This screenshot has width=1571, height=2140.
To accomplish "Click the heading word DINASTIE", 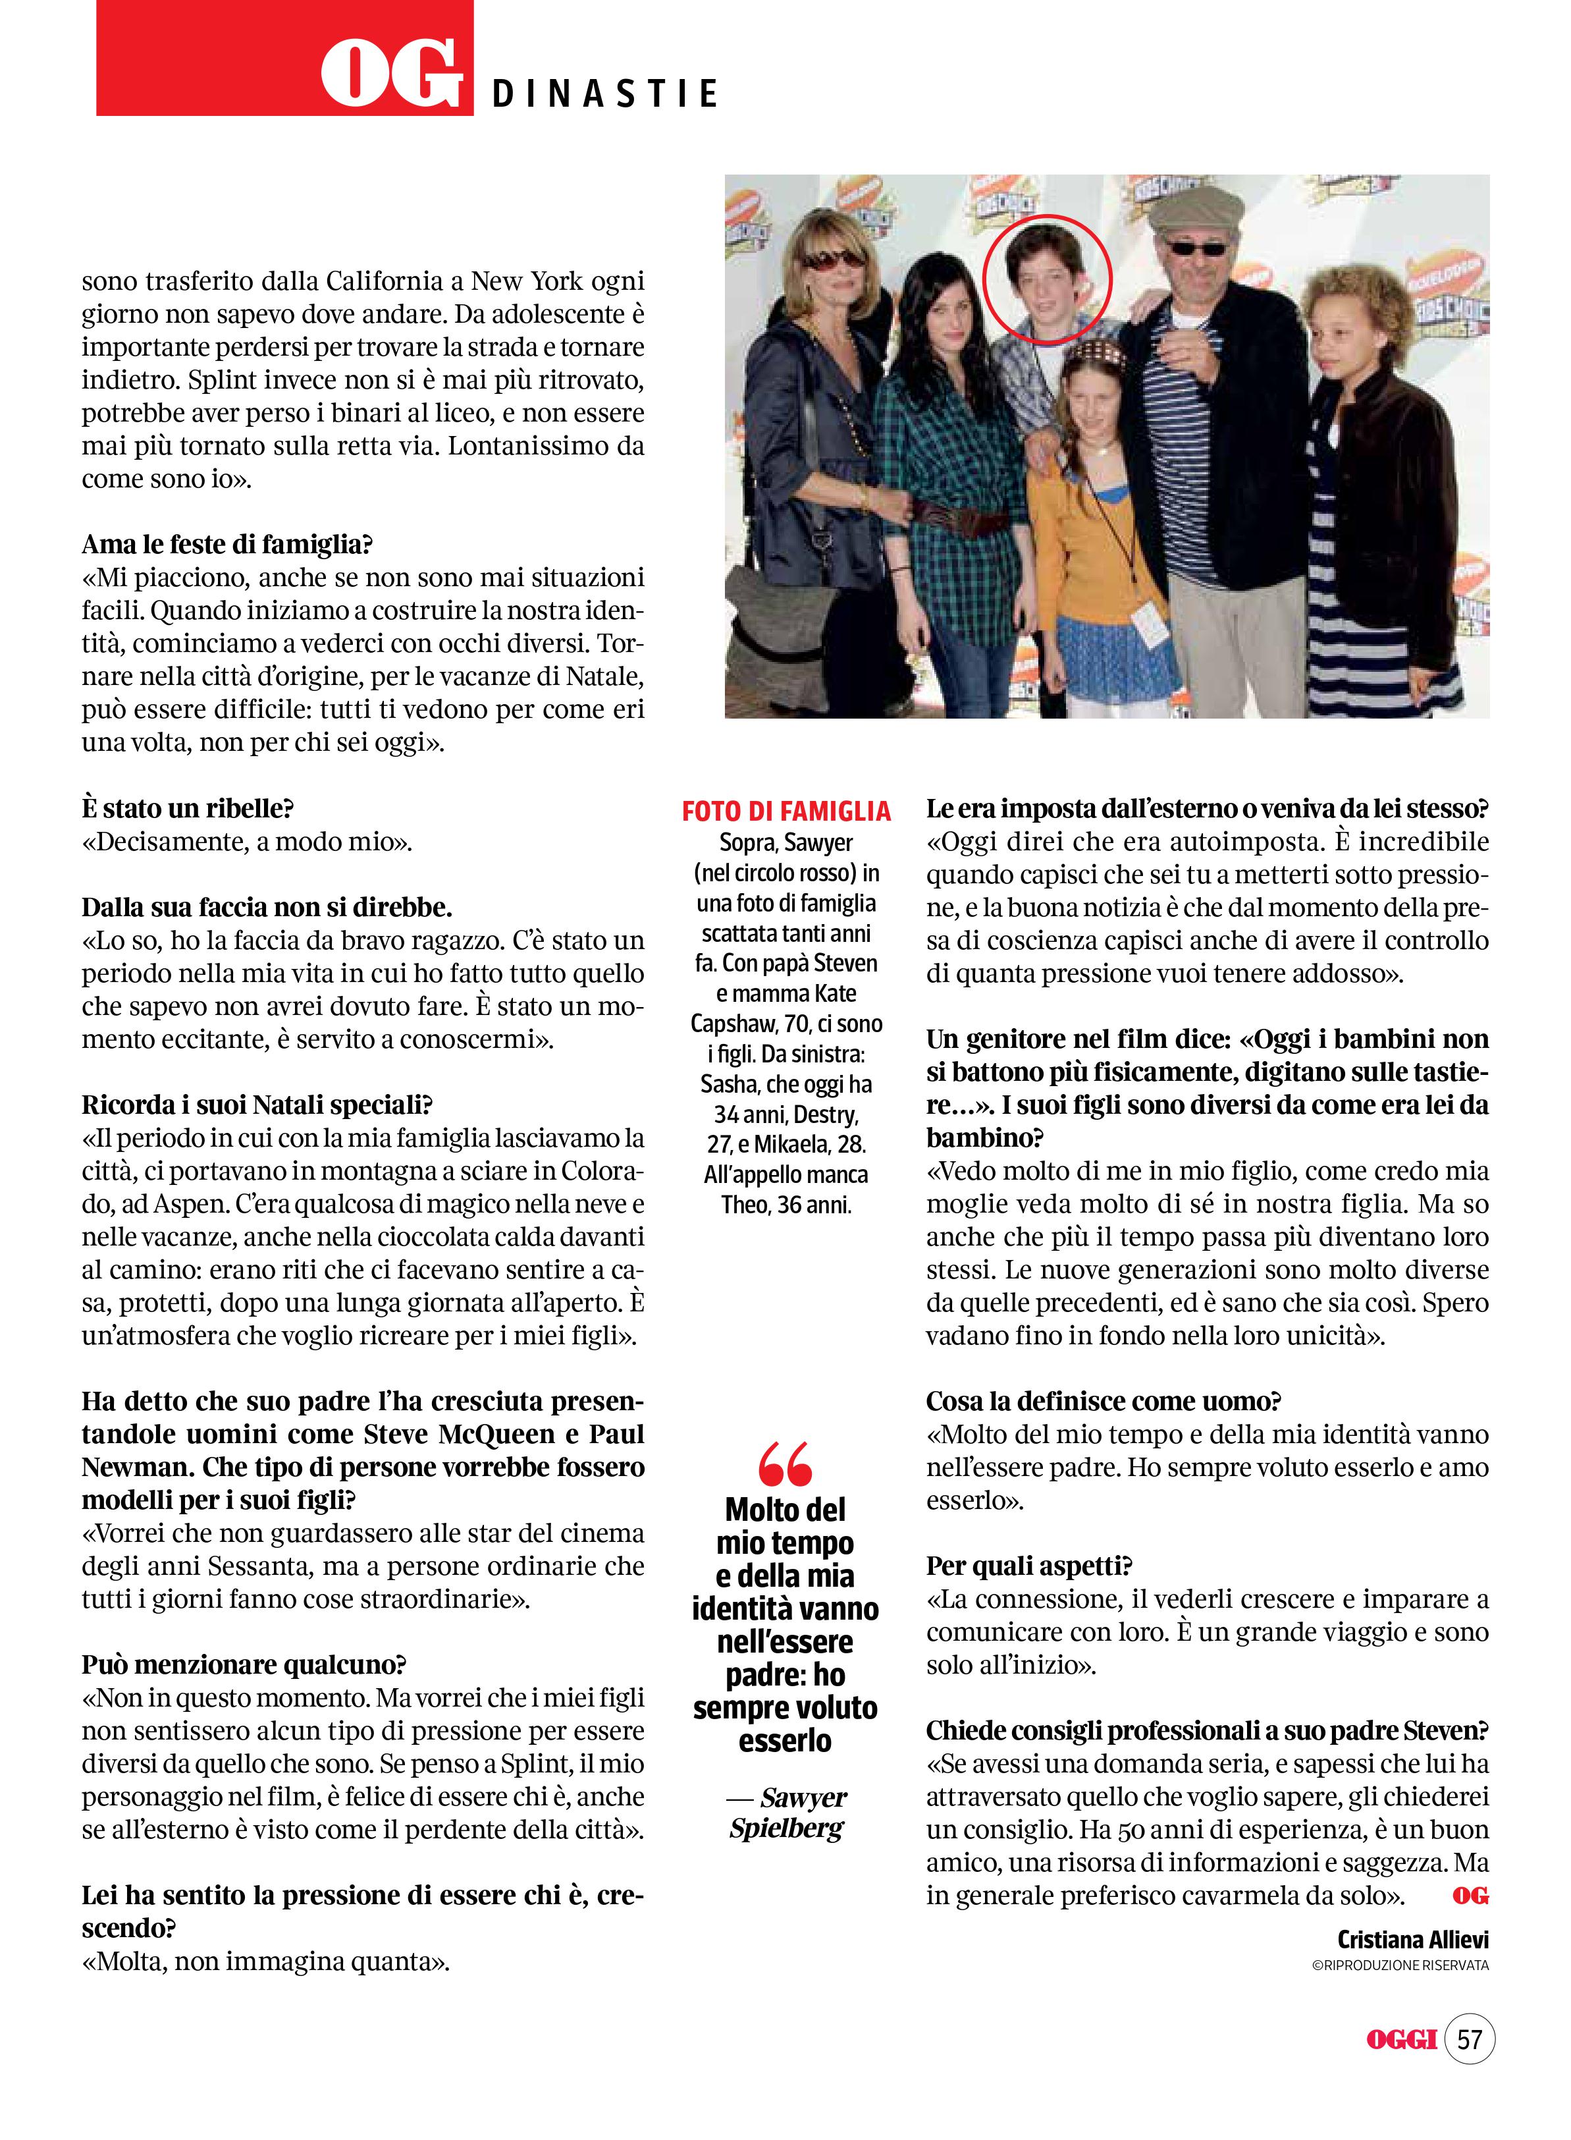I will [605, 94].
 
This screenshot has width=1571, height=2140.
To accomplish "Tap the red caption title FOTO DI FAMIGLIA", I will [785, 811].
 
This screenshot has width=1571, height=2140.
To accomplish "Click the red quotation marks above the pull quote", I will [785, 1463].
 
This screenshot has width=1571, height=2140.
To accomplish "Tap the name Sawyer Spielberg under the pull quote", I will [785, 1812].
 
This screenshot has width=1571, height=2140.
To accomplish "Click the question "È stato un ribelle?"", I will [188, 808].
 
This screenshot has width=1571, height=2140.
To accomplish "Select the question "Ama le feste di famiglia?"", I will [226, 545].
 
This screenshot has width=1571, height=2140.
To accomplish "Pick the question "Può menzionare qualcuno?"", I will [244, 1664].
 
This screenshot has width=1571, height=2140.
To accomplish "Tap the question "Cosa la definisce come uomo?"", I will [1103, 1401].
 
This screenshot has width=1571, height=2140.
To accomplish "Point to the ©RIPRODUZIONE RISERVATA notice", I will [1399, 1965].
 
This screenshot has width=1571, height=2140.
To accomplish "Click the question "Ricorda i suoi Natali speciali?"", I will [257, 1105].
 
